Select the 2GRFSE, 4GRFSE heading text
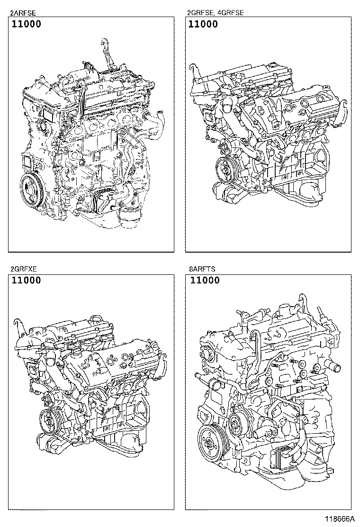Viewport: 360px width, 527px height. [x=216, y=13]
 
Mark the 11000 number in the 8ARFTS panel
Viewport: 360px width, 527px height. [x=205, y=280]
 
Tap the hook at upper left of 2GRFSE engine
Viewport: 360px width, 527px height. [x=192, y=69]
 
